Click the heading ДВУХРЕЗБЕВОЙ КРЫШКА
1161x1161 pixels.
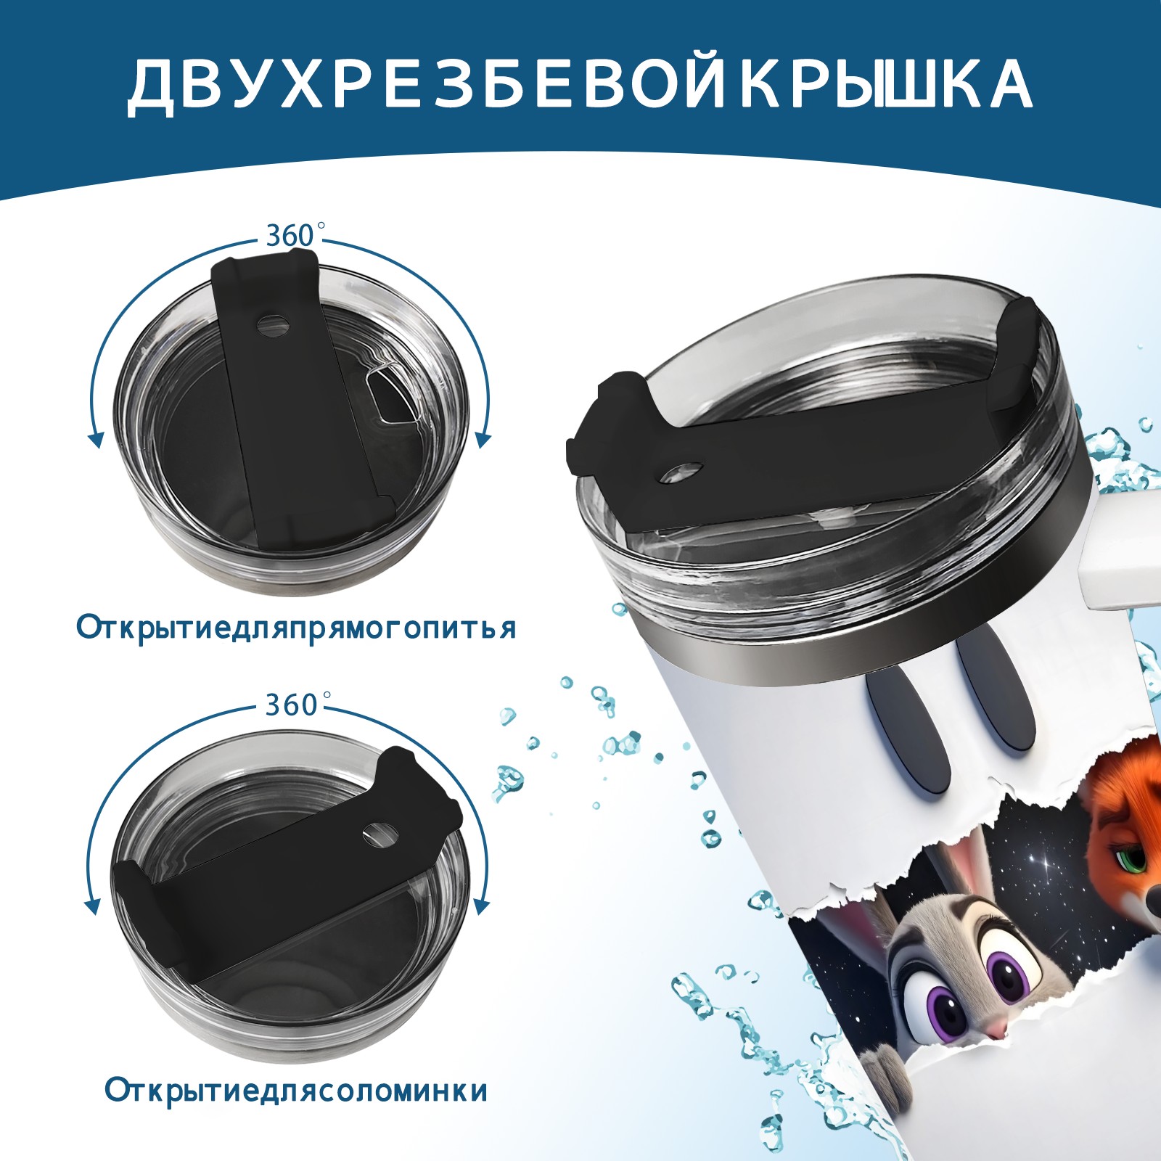coord(580,84)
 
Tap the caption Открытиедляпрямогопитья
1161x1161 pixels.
coord(296,628)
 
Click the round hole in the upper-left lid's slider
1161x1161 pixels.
coord(273,324)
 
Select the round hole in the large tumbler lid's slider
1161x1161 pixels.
coord(683,473)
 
